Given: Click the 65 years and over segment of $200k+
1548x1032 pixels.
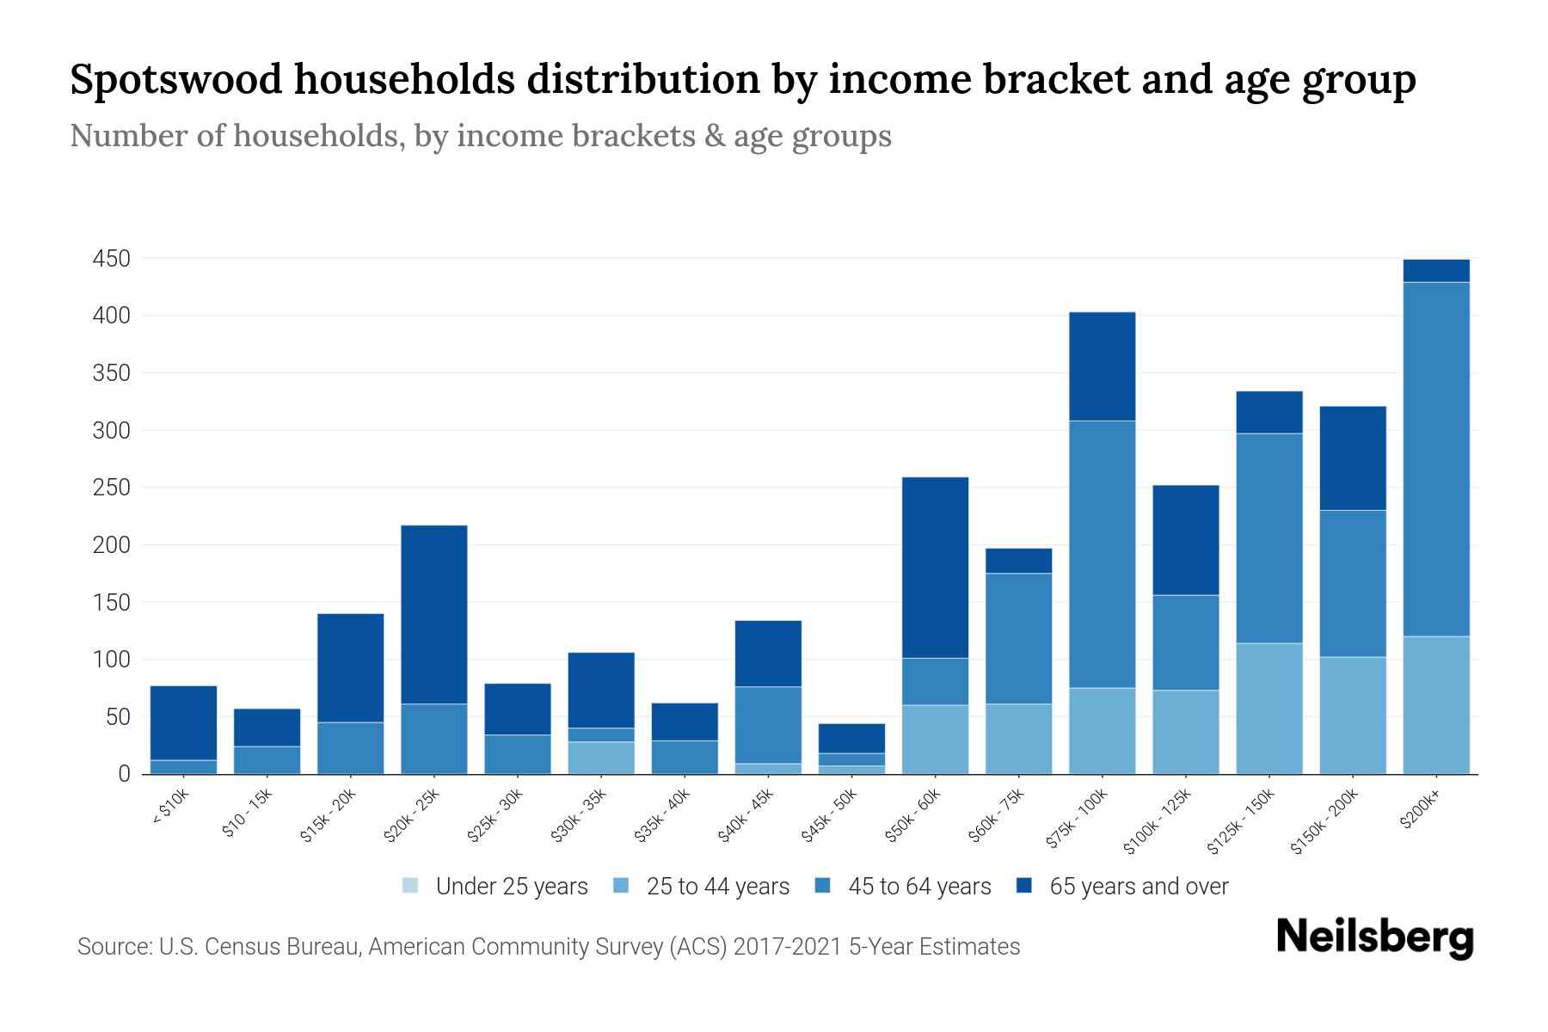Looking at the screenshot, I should (x=1435, y=271).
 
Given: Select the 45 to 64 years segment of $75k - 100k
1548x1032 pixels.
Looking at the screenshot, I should (x=1102, y=554).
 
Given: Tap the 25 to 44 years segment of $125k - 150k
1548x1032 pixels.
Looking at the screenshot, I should (x=1268, y=709).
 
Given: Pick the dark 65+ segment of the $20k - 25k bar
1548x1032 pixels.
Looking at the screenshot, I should (x=434, y=614).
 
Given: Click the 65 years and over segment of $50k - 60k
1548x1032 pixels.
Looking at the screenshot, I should (x=935, y=568).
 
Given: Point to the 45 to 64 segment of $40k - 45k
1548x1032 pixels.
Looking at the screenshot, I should (x=768, y=725).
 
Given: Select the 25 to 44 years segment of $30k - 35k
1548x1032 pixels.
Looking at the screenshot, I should (x=601, y=758).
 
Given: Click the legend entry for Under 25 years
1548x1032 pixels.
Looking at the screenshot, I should (x=495, y=887).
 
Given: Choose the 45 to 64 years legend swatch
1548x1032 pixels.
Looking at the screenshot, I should (x=823, y=886).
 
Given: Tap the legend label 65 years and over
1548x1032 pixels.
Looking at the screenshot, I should (x=1139, y=887).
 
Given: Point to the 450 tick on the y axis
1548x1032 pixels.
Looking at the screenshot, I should (x=112, y=259).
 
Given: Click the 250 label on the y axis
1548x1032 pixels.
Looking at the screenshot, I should (x=112, y=488).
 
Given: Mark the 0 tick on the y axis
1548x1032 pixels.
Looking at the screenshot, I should (x=125, y=774).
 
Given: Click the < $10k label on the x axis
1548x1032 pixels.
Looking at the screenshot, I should (x=170, y=808).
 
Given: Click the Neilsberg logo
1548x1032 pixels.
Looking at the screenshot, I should (x=1374, y=937).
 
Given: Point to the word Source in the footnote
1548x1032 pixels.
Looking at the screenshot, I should (x=112, y=947).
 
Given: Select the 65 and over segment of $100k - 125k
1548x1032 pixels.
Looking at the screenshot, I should (x=1185, y=540).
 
